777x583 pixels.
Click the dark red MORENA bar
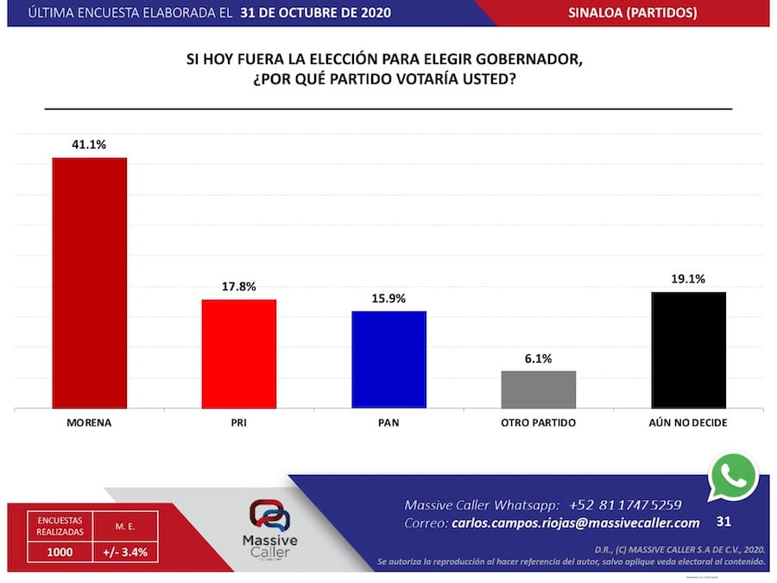90,282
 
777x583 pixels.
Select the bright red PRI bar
239,353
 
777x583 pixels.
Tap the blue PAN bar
388,358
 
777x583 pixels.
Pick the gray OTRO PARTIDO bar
539,389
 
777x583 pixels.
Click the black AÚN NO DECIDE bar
688,350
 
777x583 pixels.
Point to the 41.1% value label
90,145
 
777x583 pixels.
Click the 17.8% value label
239,287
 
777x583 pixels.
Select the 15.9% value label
388,298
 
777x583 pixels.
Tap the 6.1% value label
539,358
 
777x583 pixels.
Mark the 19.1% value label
688,279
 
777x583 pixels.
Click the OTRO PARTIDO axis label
539,423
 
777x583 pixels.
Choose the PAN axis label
388,423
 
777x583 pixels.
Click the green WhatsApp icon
733,476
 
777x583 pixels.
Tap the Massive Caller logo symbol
269,516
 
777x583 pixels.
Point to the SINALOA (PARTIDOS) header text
633,13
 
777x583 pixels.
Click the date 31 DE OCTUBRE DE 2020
317,13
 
